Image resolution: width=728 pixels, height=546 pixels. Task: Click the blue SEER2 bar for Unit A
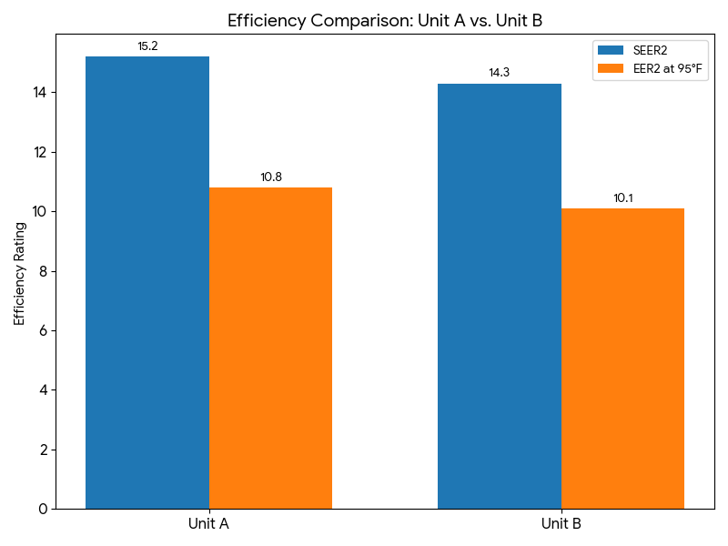(x=147, y=282)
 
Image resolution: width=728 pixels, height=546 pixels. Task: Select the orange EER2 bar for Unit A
(x=270, y=348)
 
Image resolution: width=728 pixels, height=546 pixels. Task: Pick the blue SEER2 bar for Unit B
(x=500, y=296)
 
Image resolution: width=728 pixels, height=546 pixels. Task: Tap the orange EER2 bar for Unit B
(x=622, y=359)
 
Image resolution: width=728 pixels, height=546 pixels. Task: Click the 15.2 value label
(x=147, y=46)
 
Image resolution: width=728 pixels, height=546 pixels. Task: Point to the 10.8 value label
(x=271, y=177)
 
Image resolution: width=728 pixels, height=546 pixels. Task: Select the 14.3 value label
(x=500, y=73)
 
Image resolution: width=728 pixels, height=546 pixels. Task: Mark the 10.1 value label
(x=622, y=198)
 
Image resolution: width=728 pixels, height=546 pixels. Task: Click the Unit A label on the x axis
(x=208, y=524)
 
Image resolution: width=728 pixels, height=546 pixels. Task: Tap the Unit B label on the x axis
(x=561, y=524)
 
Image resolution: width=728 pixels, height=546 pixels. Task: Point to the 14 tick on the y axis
(x=40, y=93)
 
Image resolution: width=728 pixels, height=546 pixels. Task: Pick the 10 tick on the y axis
(x=40, y=212)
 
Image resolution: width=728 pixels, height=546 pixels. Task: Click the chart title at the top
(x=385, y=21)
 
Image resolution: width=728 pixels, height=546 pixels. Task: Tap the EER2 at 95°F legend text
(x=669, y=68)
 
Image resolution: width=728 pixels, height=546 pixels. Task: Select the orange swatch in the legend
(x=612, y=68)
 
